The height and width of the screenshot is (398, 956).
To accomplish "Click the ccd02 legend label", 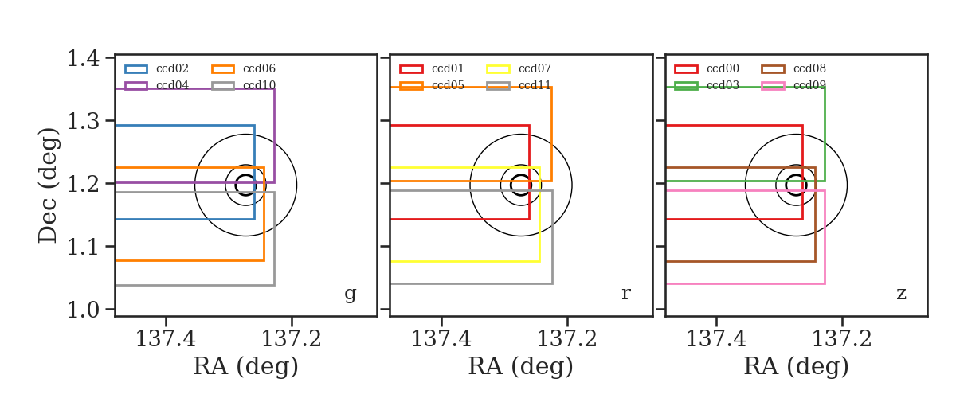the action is tap(172, 68).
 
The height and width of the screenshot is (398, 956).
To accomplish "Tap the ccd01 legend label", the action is tap(448, 68).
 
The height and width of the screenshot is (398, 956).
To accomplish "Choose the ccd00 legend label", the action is tap(723, 68).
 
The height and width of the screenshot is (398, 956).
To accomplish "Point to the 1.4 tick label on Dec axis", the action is tap(84, 58).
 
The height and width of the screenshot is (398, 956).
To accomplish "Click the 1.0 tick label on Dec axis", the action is tap(84, 310).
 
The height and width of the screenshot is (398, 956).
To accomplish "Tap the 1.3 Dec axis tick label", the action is tap(84, 121).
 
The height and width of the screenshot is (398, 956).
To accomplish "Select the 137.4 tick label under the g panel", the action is tap(166, 339).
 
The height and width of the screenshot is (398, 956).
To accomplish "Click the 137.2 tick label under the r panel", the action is tap(566, 339).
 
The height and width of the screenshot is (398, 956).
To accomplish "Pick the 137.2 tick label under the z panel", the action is tap(841, 339).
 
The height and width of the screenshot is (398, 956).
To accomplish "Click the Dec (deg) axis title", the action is tap(48, 185).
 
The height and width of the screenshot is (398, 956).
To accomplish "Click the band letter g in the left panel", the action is tap(350, 294).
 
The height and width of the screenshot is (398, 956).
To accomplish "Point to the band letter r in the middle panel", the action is tap(625, 294).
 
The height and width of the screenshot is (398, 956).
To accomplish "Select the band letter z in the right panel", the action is tap(901, 294).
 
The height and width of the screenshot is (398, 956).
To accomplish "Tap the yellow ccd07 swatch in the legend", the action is tap(499, 69).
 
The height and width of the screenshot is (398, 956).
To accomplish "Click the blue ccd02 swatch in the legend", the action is tap(136, 69).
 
